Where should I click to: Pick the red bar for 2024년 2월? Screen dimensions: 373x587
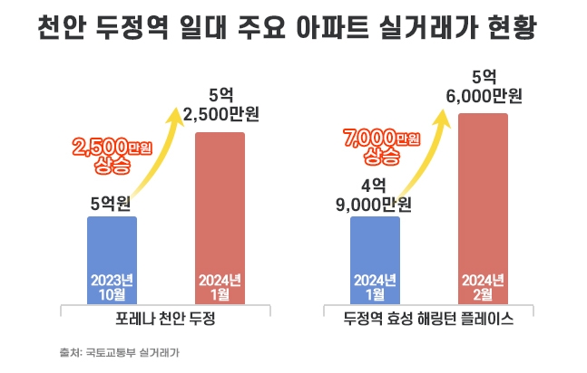[483, 208]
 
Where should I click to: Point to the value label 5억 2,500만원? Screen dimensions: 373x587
[221, 104]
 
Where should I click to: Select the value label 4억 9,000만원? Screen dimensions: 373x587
[374, 194]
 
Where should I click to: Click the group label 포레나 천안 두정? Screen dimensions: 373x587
[166, 320]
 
